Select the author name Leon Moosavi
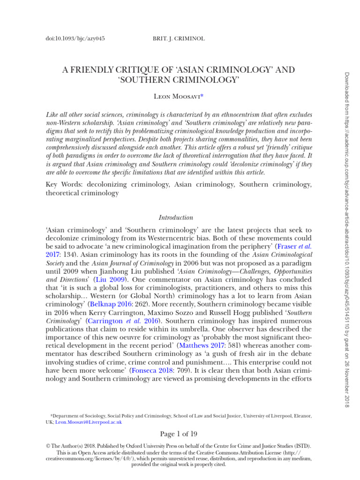pos(178,97)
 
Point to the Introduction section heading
pos(176,217)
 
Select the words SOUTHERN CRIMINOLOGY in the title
pos(179,80)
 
